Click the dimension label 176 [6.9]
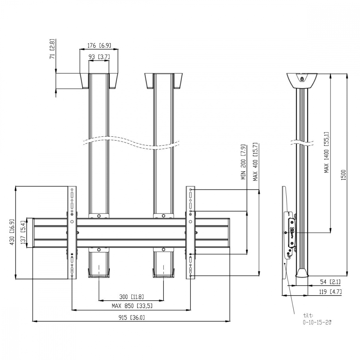click(99, 45)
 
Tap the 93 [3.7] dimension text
click(99, 57)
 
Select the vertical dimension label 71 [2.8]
click(52, 49)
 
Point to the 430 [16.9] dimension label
click(12, 232)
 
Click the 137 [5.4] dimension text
click(23, 233)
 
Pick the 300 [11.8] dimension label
click(131, 297)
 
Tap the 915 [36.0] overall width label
click(131, 318)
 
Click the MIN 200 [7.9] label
click(243, 162)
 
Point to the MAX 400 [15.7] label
click(255, 162)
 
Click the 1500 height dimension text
click(343, 175)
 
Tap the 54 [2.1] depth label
click(330, 282)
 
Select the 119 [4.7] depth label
click(330, 292)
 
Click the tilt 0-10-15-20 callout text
click(317, 319)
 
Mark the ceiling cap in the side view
click(302, 81)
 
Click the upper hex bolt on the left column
click(99, 216)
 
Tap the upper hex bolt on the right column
click(163, 216)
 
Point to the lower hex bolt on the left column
click(99, 249)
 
